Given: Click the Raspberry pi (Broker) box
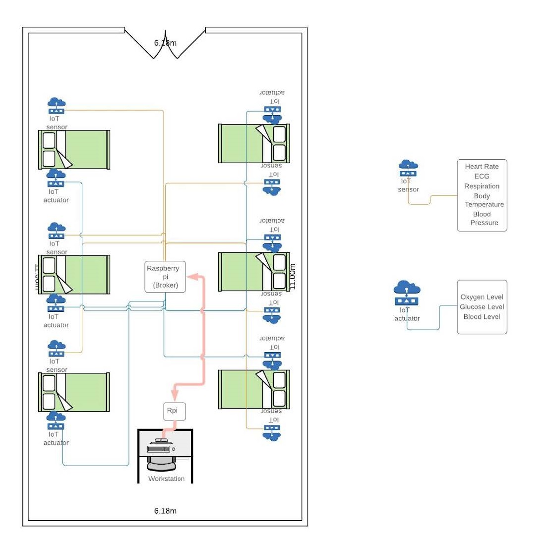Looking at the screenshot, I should coord(165,277).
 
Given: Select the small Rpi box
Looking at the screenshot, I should coord(171,411).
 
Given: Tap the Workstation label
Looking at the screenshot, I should coord(166,479).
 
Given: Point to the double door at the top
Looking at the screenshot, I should coord(165,44).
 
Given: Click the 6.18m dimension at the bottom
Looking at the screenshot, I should coord(165,511).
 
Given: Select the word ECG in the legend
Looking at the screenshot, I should coord(482,176).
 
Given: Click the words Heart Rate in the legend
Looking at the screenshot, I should coord(482,167).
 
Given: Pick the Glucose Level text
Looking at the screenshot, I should coord(482,307).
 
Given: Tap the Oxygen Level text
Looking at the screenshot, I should coord(482,297).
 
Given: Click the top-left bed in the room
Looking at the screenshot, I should coord(74,150).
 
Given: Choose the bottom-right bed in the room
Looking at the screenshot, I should coord(254,389).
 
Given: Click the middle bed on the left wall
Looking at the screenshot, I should coord(74,275).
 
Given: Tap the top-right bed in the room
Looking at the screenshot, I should coord(254,143).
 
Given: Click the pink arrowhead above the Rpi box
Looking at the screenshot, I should coord(174,395).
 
